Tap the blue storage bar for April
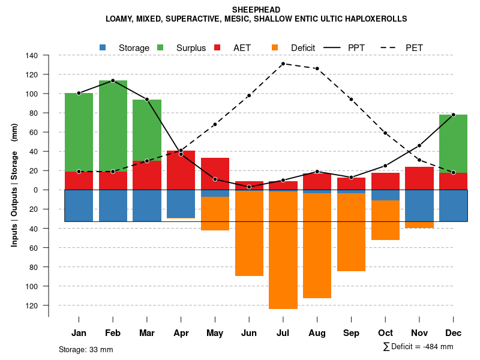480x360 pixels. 181,204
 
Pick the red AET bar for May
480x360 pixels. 215,177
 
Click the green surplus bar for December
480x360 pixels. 453,143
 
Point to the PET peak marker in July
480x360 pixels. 283,64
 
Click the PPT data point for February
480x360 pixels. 113,80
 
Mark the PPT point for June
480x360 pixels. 249,187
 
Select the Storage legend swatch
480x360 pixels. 103,47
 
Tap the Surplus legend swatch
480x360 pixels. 160,47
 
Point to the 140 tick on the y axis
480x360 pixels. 32,56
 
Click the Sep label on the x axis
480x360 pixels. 351,333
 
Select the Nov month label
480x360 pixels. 419,333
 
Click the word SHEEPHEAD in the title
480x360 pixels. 256,10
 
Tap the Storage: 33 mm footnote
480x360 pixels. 86,349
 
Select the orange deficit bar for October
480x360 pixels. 385,220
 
